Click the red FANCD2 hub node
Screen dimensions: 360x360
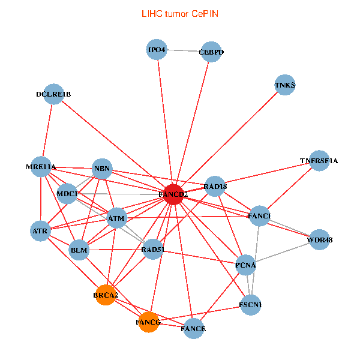[173, 194]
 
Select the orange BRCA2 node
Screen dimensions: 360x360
[106, 295]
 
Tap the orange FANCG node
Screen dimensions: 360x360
[148, 322]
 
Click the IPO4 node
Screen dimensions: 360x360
[157, 49]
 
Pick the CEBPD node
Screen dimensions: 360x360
[211, 52]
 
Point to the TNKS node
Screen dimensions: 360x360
[285, 85]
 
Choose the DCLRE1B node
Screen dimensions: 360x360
[53, 94]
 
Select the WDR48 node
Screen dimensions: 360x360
[319, 240]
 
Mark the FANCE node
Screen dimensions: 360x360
[193, 328]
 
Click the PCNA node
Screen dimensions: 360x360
[246, 265]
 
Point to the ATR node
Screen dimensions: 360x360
[41, 230]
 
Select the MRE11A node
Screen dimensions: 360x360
[41, 166]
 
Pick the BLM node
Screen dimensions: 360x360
[79, 249]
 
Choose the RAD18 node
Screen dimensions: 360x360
[215, 187]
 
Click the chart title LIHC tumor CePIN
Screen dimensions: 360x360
[179, 13]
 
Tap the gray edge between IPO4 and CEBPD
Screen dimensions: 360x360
[184, 51]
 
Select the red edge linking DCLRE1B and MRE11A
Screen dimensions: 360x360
[47, 130]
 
